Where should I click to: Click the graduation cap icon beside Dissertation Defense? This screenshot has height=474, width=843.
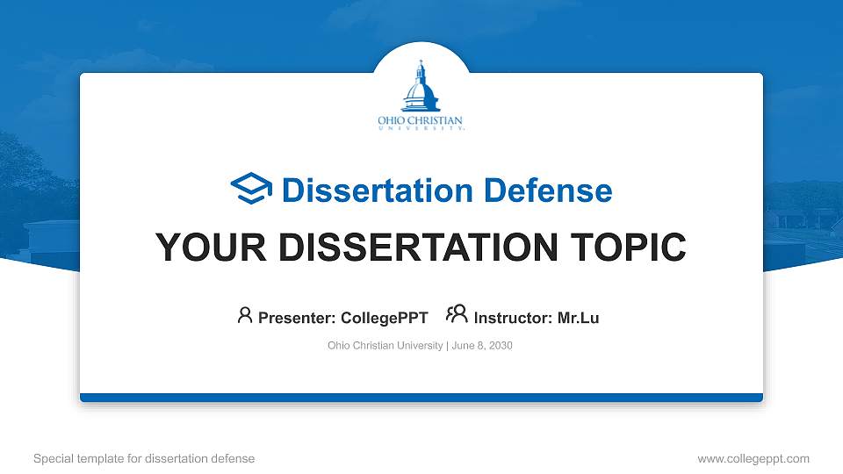coord(251,190)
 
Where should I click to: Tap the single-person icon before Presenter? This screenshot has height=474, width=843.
coord(245,314)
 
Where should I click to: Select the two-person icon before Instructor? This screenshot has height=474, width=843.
coord(457,314)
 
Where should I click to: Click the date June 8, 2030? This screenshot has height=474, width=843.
coord(482,346)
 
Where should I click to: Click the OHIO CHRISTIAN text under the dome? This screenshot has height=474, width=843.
coord(420,120)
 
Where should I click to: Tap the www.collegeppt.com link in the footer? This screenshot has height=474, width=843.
coord(753,458)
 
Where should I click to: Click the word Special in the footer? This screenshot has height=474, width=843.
coord(53,458)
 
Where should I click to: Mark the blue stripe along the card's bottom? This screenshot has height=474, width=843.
coord(421,398)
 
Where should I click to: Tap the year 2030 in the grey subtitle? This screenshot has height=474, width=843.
coord(501,346)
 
